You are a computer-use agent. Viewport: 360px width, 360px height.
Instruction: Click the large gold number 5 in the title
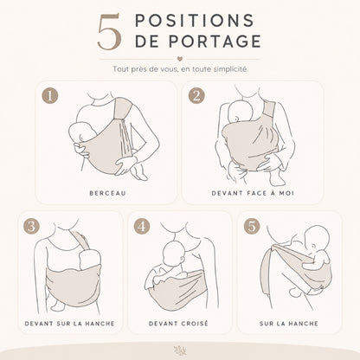[x=109, y=32]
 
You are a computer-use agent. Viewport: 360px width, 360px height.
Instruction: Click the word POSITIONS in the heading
[x=195, y=21]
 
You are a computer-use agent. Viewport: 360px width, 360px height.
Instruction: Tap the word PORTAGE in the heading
[x=215, y=41]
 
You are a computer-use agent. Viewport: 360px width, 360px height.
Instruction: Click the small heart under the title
[x=179, y=59]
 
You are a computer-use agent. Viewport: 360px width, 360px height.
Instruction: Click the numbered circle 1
[x=50, y=95]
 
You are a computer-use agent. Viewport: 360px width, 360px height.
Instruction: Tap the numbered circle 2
[x=196, y=95]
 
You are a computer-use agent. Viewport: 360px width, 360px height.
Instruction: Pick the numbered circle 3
[x=32, y=226]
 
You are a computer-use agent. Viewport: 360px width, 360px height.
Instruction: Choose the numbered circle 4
[x=142, y=226]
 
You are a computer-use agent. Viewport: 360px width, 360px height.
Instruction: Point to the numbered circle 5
[x=252, y=226]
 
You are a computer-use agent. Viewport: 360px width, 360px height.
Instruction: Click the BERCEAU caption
[x=107, y=193]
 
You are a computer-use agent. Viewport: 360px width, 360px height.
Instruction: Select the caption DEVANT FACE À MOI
[x=253, y=193]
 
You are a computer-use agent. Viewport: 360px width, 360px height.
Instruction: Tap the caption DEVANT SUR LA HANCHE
[x=69, y=324]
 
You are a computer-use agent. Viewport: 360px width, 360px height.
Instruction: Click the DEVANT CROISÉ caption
[x=178, y=324]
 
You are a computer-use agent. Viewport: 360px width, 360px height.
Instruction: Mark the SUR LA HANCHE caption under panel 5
[x=289, y=324]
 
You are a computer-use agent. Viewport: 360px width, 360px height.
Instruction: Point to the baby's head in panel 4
[x=173, y=253]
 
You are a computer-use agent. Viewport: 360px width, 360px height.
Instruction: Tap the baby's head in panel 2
[x=241, y=112]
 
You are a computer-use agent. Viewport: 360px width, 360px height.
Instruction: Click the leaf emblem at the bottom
[x=180, y=350]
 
